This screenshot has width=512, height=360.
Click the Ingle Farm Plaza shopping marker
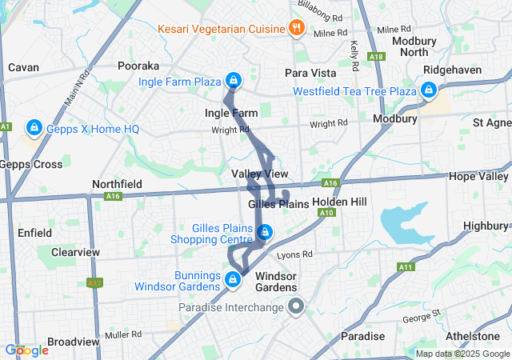point(233,81)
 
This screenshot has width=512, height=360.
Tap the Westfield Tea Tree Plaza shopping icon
point(429,90)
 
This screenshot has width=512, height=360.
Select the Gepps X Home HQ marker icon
point(34,127)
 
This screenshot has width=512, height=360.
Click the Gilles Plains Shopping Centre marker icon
point(265,233)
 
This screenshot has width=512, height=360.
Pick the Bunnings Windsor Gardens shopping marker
point(232,279)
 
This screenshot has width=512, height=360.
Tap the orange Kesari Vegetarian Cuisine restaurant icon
point(296,29)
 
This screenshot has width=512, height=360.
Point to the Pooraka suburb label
point(138,66)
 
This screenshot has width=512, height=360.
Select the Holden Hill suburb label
point(339,202)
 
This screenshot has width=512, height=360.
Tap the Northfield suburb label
point(117,184)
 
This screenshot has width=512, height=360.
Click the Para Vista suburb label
point(310,73)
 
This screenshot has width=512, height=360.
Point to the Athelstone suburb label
point(478,336)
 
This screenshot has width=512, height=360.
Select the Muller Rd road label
point(126,334)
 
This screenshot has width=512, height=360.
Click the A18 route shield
point(377,56)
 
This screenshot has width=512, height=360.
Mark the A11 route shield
point(405,267)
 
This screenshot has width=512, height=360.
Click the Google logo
point(26,350)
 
